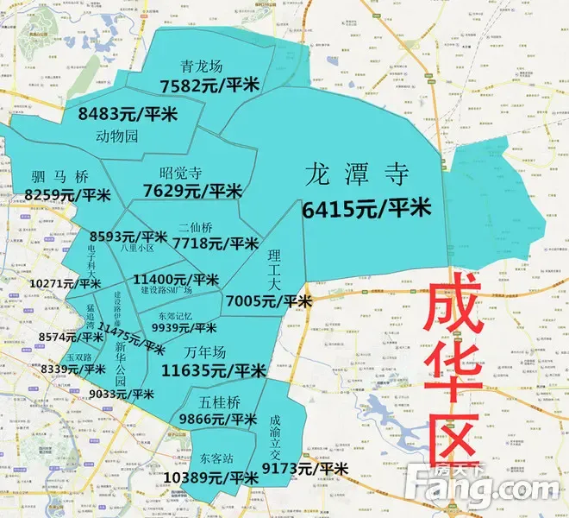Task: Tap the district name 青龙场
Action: [x=203, y=66]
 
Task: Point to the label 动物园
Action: [x=117, y=136]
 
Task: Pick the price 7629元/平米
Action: [x=192, y=190]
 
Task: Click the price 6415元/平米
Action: [x=366, y=208]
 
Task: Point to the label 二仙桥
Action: [x=197, y=228]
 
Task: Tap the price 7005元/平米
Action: [x=268, y=300]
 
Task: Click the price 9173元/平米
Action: [x=305, y=468]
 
